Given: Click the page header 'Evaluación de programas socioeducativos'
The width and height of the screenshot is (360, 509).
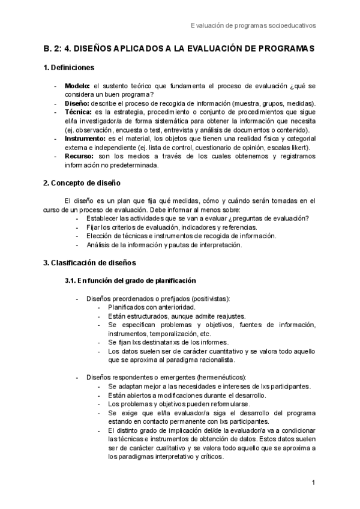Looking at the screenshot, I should pos(253,25).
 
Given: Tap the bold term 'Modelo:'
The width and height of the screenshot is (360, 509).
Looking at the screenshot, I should pos(77,86).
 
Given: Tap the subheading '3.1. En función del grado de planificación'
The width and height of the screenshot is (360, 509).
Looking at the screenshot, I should pos(130,280).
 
